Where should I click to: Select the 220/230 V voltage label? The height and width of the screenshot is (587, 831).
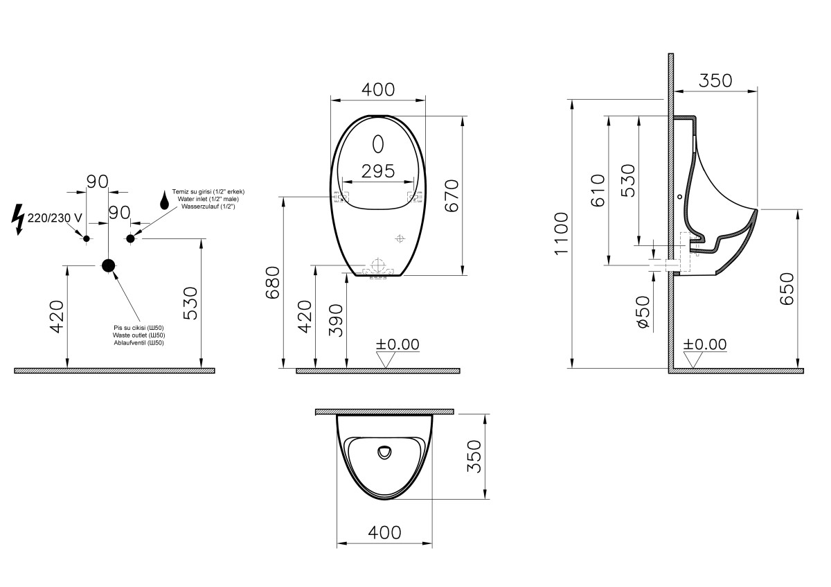pyautogui.click(x=55, y=218)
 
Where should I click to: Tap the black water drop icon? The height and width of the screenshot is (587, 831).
pyautogui.click(x=164, y=200)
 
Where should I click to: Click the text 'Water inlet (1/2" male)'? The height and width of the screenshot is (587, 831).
pyautogui.click(x=208, y=199)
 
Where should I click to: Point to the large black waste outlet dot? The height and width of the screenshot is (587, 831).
pyautogui.click(x=108, y=265)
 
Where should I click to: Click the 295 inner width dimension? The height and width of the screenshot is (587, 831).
pyautogui.click(x=378, y=170)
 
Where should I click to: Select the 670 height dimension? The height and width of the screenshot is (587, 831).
pyautogui.click(x=451, y=195)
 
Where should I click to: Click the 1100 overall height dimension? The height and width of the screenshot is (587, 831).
pyautogui.click(x=562, y=234)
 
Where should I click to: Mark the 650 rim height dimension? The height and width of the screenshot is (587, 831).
pyautogui.click(x=787, y=289)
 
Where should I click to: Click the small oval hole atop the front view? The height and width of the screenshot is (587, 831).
pyautogui.click(x=378, y=143)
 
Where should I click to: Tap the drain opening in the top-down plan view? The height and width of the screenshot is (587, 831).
pyautogui.click(x=384, y=453)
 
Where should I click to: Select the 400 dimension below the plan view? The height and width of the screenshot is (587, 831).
pyautogui.click(x=384, y=532)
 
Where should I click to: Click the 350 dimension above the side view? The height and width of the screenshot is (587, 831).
pyautogui.click(x=715, y=80)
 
